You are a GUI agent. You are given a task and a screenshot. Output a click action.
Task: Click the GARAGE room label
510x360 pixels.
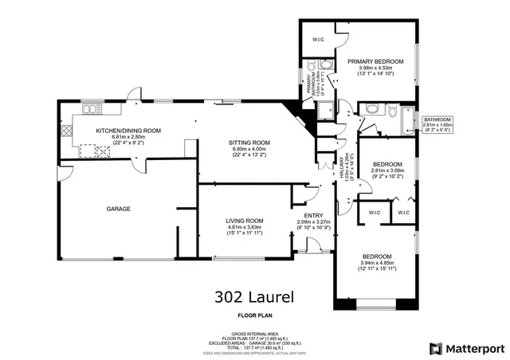coord(120,209)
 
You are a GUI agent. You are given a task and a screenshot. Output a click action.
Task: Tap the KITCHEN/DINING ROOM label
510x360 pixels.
coord(128,131)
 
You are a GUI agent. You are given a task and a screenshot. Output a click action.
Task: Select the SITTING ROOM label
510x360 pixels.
coord(251,143)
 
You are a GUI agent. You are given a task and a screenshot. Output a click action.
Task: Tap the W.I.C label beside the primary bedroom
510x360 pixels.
coord(317,39)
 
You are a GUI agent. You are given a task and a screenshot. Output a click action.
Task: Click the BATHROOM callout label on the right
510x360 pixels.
coord(437,119)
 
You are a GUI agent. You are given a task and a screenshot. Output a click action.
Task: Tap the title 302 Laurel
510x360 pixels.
coord(254,298)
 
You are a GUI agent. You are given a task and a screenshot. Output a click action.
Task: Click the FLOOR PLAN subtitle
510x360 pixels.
coord(254,314)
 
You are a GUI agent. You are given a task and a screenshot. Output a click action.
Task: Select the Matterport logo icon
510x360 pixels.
coord(434,348)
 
